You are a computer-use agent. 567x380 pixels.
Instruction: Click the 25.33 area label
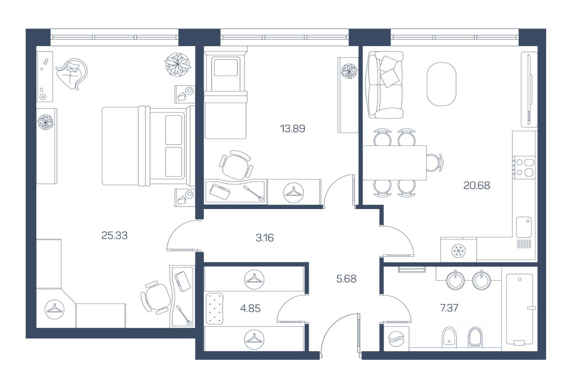[x=114, y=236]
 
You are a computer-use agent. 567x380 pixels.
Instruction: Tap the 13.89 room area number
[x=292, y=129]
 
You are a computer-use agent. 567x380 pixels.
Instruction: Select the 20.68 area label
[x=477, y=186]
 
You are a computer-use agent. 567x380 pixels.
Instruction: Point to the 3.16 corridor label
[x=264, y=238]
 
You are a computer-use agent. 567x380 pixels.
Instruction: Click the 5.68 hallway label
[x=346, y=279]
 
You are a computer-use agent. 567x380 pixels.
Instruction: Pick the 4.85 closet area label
[x=250, y=308]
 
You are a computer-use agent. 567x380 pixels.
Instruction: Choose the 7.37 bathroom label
[x=449, y=308]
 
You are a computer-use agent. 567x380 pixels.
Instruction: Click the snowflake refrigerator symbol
[x=458, y=251]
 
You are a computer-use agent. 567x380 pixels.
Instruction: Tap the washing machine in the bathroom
[x=396, y=339]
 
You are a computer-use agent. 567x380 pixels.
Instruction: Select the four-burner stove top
[x=524, y=168]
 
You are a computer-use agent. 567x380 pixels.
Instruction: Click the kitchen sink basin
[x=524, y=227]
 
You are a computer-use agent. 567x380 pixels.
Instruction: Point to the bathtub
[x=520, y=309]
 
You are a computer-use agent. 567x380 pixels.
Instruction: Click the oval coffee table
[x=442, y=84]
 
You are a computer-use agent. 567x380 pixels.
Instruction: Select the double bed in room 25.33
[x=148, y=146]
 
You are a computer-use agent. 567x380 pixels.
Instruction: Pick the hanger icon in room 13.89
[x=293, y=193]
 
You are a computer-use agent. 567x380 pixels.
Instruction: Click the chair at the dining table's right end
[x=435, y=163]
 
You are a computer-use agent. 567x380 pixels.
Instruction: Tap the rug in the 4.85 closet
[x=214, y=309]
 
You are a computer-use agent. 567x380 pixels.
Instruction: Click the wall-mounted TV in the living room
[x=529, y=89]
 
